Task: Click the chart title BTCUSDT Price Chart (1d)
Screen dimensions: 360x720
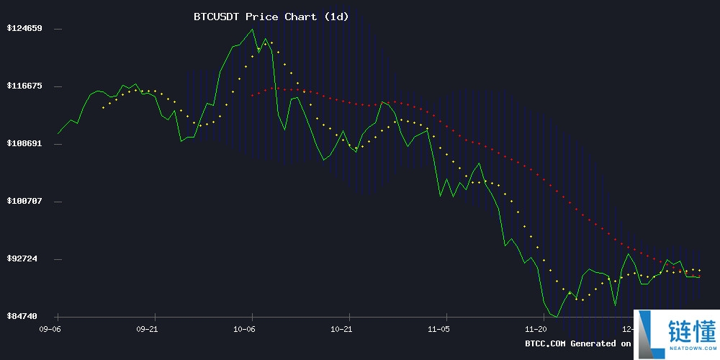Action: [271, 17]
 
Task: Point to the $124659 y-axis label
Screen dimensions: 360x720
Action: [24, 29]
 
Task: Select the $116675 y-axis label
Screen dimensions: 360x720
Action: [24, 86]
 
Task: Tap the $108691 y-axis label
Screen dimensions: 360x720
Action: [24, 144]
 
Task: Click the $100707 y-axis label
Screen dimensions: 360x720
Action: [24, 202]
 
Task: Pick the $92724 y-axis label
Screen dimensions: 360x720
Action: [27, 259]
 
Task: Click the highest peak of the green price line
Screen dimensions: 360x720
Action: [252, 30]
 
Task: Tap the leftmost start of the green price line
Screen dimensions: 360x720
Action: [58, 133]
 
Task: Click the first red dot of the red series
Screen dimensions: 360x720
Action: [252, 95]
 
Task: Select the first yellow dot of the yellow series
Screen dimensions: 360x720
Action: [103, 108]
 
